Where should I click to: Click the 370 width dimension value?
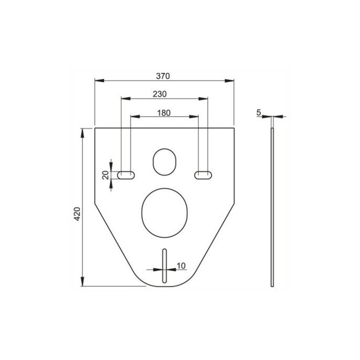pos(163,76)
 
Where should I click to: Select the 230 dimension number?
pos(160,94)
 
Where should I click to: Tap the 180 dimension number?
pos(164,113)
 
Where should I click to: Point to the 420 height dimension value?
pos(78,214)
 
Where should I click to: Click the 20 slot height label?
pos(105,175)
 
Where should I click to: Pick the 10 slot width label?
pos(181,266)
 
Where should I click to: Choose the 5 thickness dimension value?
pos(259,112)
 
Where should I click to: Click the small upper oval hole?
pos(164,162)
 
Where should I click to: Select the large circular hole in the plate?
pos(165,213)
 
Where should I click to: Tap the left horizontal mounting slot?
pos(126,175)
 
